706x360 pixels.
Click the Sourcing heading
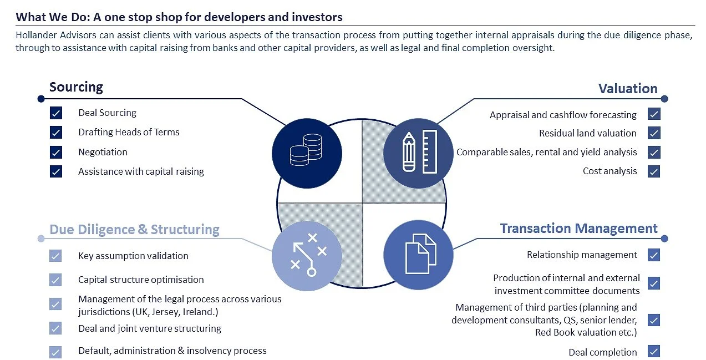[76, 87]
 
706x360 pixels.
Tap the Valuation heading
[628, 89]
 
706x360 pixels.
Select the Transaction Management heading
[578, 229]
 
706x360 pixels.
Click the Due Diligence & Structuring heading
[134, 230]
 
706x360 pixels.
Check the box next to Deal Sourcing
[56, 113]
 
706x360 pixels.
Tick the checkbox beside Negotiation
[56, 152]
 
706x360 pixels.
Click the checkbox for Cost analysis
[654, 171]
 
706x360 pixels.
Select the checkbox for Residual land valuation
[654, 133]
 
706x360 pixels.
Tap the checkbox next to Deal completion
[654, 352]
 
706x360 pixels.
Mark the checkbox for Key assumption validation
[55, 256]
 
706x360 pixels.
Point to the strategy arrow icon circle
[307, 256]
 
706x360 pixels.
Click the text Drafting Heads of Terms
[129, 132]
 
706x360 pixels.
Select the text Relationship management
[582, 255]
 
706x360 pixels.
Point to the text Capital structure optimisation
[141, 280]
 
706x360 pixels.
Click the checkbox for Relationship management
[654, 255]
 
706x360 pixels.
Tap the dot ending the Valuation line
[664, 99]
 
